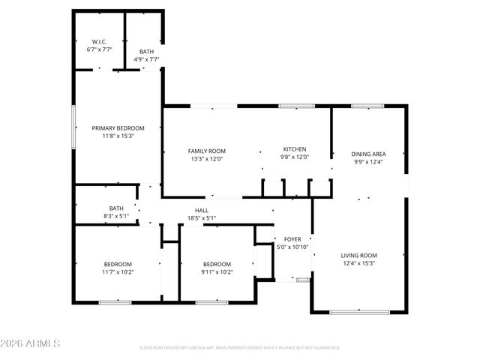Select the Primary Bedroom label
click(x=118, y=128)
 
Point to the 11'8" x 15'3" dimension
click(x=118, y=136)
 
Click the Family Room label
click(x=206, y=151)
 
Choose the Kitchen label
click(x=295, y=148)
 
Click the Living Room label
click(x=358, y=255)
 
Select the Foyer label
click(x=292, y=239)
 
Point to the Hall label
click(x=202, y=211)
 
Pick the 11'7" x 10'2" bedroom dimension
click(x=118, y=272)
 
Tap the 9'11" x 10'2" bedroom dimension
click(x=217, y=272)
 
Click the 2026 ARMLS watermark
click(x=30, y=343)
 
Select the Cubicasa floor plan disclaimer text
click(x=240, y=348)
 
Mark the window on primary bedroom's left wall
click(x=73, y=127)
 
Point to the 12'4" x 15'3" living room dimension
click(x=358, y=263)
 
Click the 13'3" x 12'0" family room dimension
click(x=206, y=159)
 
